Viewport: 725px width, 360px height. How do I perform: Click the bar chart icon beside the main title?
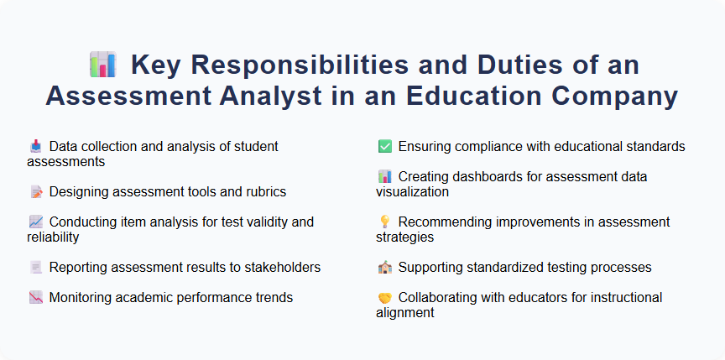(x=102, y=65)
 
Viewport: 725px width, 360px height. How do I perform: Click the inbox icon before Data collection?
(x=35, y=146)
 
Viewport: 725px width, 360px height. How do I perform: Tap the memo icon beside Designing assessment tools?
(x=35, y=192)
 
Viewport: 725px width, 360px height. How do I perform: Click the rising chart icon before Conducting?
(x=35, y=222)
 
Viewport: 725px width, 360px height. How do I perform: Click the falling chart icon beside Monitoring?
(x=35, y=298)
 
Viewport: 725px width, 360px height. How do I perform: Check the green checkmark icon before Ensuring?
(x=384, y=147)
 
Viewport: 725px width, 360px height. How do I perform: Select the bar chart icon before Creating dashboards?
(x=384, y=177)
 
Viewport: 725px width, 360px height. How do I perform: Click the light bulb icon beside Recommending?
(x=384, y=222)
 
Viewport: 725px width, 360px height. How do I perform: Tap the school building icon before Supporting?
(x=384, y=268)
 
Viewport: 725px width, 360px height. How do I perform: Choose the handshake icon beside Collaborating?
(x=384, y=298)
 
